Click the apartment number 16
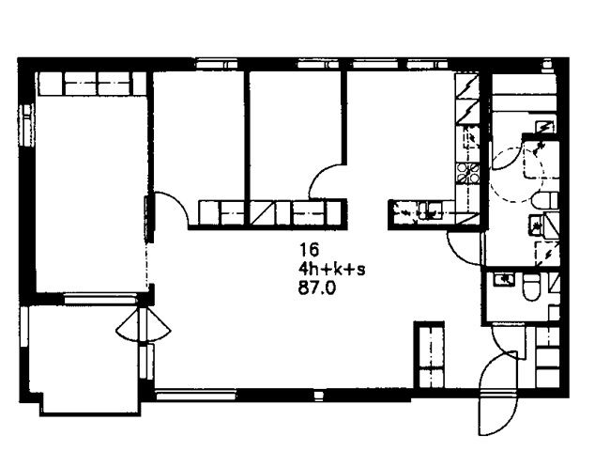coord(309,250)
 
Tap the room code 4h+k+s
coord(332,269)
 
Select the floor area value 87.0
coord(316,288)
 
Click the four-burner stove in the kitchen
coord(467,173)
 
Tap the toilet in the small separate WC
coord(531,287)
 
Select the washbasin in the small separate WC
coord(504,279)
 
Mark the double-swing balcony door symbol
coord(144,325)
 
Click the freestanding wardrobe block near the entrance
coord(429,355)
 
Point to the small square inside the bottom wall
coord(318,395)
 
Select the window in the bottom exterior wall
coord(196,396)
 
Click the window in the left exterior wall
coord(26,125)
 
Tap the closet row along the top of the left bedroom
coord(92,84)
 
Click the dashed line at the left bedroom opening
coord(147,265)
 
